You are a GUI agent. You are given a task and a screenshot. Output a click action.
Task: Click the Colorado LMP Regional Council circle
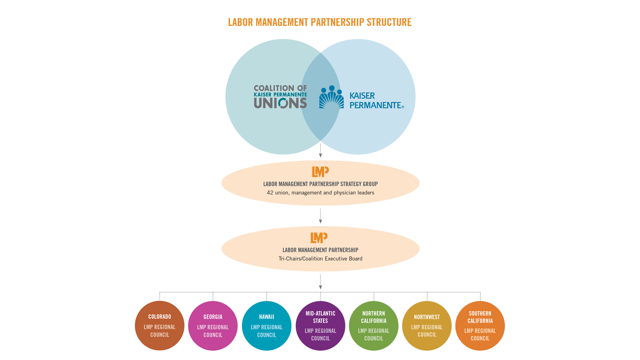[160, 326]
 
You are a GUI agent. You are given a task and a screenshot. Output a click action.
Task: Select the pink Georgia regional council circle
[213, 326]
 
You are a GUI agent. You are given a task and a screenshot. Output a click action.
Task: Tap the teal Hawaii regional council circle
[267, 326]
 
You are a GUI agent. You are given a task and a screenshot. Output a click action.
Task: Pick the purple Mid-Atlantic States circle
[320, 326]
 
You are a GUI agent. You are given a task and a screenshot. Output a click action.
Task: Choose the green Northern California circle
[373, 326]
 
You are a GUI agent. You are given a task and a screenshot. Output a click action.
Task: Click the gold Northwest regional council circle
[427, 326]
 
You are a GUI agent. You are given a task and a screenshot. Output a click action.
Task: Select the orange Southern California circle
[480, 326]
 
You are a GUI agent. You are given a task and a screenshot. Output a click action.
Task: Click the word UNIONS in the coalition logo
[280, 103]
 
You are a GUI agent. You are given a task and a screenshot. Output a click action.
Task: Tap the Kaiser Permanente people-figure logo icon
[331, 97]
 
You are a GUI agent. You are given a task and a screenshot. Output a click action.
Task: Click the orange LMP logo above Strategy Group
[320, 171]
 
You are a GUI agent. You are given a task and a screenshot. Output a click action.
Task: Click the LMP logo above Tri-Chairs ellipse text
[319, 238]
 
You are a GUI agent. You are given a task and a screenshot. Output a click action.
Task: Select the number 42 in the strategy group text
[270, 192]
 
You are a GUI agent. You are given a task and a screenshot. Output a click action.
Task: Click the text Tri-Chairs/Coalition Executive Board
[320, 259]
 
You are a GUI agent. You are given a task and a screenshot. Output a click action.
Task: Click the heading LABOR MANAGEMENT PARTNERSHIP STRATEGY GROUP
[320, 184]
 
